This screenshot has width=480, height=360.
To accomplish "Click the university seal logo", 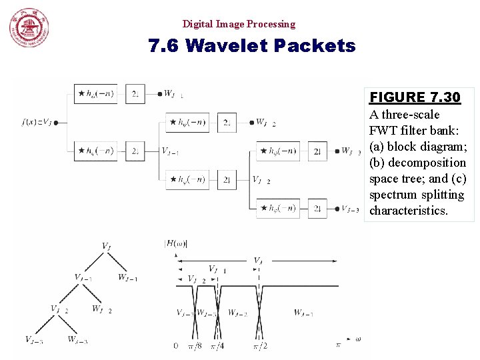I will point(29,29).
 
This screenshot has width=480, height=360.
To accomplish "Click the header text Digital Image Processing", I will point(239,24).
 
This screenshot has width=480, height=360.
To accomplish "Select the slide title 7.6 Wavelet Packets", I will point(252,46).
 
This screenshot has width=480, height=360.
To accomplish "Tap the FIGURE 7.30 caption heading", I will point(415,97).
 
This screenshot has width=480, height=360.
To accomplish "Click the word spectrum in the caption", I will point(393,195).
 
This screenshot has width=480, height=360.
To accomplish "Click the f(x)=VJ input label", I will point(37,122).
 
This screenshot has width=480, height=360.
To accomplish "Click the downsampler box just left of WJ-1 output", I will point(135,94).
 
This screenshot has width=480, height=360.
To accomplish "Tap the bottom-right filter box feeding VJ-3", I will point(277,209).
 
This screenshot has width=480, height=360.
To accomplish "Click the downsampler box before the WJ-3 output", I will point(318,151).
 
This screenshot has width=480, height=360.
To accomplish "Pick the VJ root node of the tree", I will point(106,246).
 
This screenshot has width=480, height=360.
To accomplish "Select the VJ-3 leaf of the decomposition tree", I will point(34,340).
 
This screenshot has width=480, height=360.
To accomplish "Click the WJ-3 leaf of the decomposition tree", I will point(77,340).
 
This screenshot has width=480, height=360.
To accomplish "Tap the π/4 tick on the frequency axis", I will point(217,346).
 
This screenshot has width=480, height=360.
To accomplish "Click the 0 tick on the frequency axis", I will point(176,346).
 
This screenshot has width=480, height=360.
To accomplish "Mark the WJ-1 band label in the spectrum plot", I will point(303,313).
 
